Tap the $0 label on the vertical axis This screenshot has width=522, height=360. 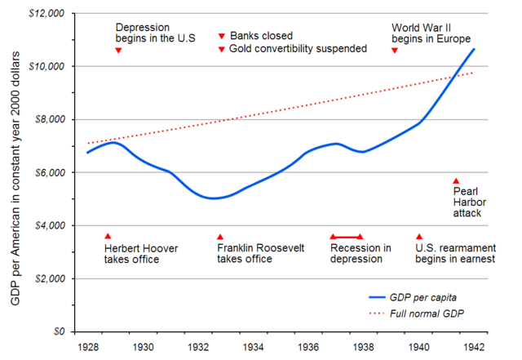pyautogui.click(x=61, y=332)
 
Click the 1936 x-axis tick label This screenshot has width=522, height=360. pyautogui.click(x=307, y=347)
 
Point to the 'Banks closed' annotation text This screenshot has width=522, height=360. pyautogui.click(x=261, y=36)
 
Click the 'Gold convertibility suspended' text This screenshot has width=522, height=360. pyautogui.click(x=298, y=49)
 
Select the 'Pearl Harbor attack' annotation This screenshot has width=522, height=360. pyautogui.click(x=467, y=202)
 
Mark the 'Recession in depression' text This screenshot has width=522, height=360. pyautogui.click(x=361, y=254)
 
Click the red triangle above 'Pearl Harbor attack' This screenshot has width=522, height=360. pyautogui.click(x=456, y=181)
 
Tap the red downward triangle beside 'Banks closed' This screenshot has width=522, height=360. pyautogui.click(x=222, y=36)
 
